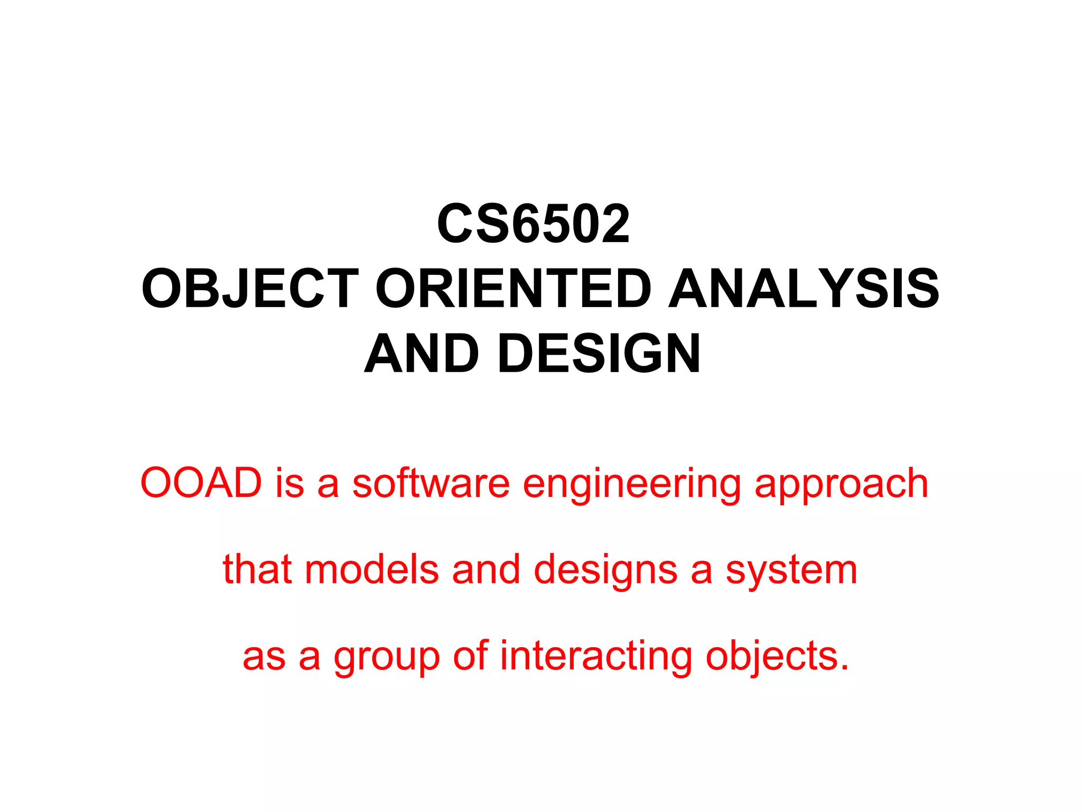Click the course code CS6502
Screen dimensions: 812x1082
[534, 225]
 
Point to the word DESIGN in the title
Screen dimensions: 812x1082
[599, 354]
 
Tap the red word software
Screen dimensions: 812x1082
[431, 484]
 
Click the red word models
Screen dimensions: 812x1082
[372, 570]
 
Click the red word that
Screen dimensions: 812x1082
[257, 569]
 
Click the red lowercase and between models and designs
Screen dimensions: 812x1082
[486, 569]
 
